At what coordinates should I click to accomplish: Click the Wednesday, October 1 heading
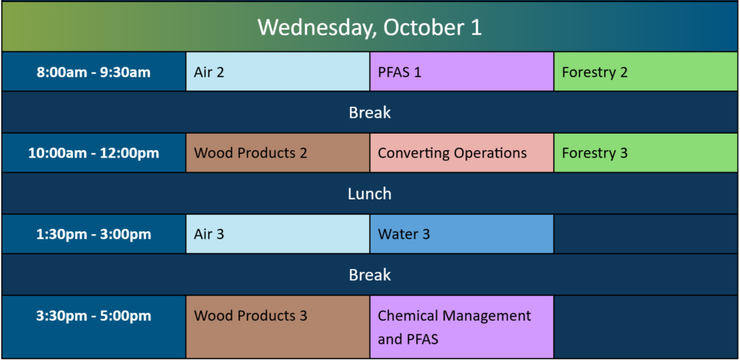coord(369,27)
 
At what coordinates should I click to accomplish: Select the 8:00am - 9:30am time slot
coord(94,72)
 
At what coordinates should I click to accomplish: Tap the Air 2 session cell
coord(278,72)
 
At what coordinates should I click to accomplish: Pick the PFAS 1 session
coord(462,72)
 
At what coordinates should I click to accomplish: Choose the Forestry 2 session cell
coord(646,72)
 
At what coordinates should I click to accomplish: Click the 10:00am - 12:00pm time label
coord(94,153)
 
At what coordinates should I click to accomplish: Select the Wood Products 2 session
coord(278,153)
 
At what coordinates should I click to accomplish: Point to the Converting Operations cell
coord(462,153)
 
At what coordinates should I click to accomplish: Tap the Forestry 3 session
coord(646,153)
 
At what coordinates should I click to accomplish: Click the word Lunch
coord(369,194)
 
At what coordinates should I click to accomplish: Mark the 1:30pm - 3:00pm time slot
coord(94,234)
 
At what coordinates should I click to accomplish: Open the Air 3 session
coord(278,234)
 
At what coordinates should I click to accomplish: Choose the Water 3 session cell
coord(462,234)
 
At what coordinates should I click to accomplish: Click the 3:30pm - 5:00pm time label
coord(94,316)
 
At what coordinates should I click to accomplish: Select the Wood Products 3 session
coord(278,327)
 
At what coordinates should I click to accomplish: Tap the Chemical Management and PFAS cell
coord(462,327)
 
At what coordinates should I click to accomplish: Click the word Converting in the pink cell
coord(410,153)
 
